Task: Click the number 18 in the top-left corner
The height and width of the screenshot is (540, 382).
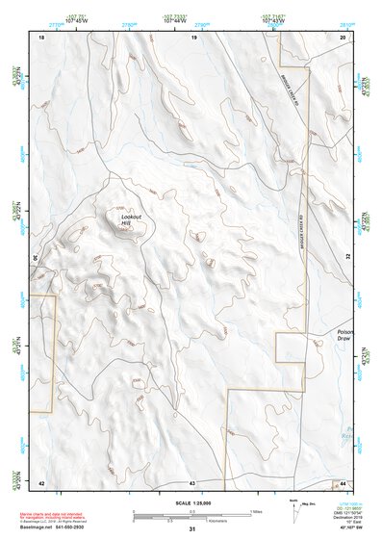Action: tap(41, 37)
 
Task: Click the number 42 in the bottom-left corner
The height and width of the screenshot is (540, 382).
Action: tap(41, 481)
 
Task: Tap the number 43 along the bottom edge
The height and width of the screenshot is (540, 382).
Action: tap(192, 481)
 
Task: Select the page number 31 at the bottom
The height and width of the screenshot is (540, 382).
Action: tap(192, 528)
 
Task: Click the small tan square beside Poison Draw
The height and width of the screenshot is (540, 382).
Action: tap(290, 347)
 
